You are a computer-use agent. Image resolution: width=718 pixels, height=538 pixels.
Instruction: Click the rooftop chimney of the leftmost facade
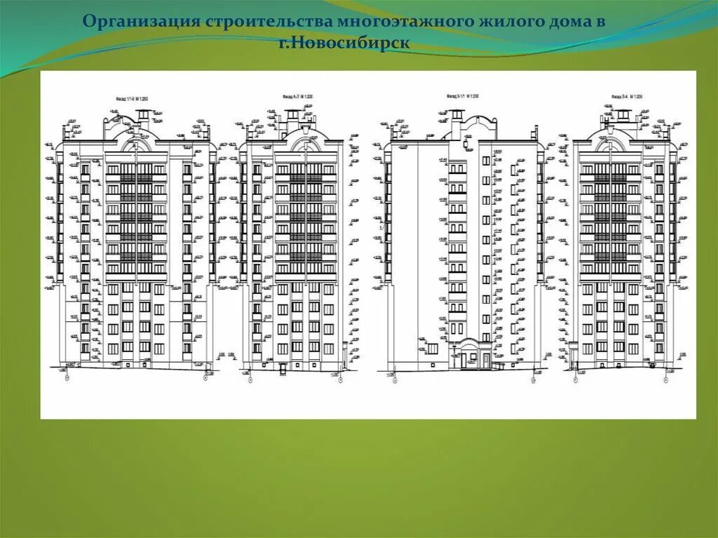(143, 116)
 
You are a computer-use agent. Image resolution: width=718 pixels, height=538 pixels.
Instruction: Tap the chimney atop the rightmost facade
(607, 116)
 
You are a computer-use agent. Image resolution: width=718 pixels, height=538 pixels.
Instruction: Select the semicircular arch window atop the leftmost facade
(136, 144)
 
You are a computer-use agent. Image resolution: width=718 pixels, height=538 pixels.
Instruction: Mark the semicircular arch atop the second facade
(306, 144)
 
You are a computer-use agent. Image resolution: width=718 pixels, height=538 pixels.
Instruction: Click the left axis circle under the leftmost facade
(67, 378)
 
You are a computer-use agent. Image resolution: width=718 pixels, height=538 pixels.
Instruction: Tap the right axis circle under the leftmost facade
(205, 378)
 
